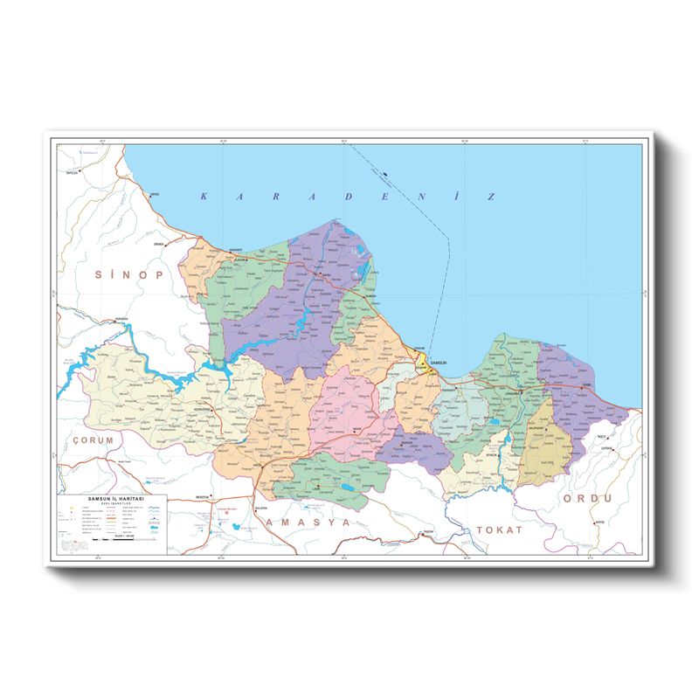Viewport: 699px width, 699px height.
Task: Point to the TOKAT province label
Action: tap(499, 529)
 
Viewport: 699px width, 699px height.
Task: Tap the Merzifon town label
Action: tap(203, 496)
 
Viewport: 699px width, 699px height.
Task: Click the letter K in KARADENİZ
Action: tap(204, 197)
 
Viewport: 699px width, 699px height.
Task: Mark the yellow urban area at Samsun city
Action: tap(422, 362)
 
